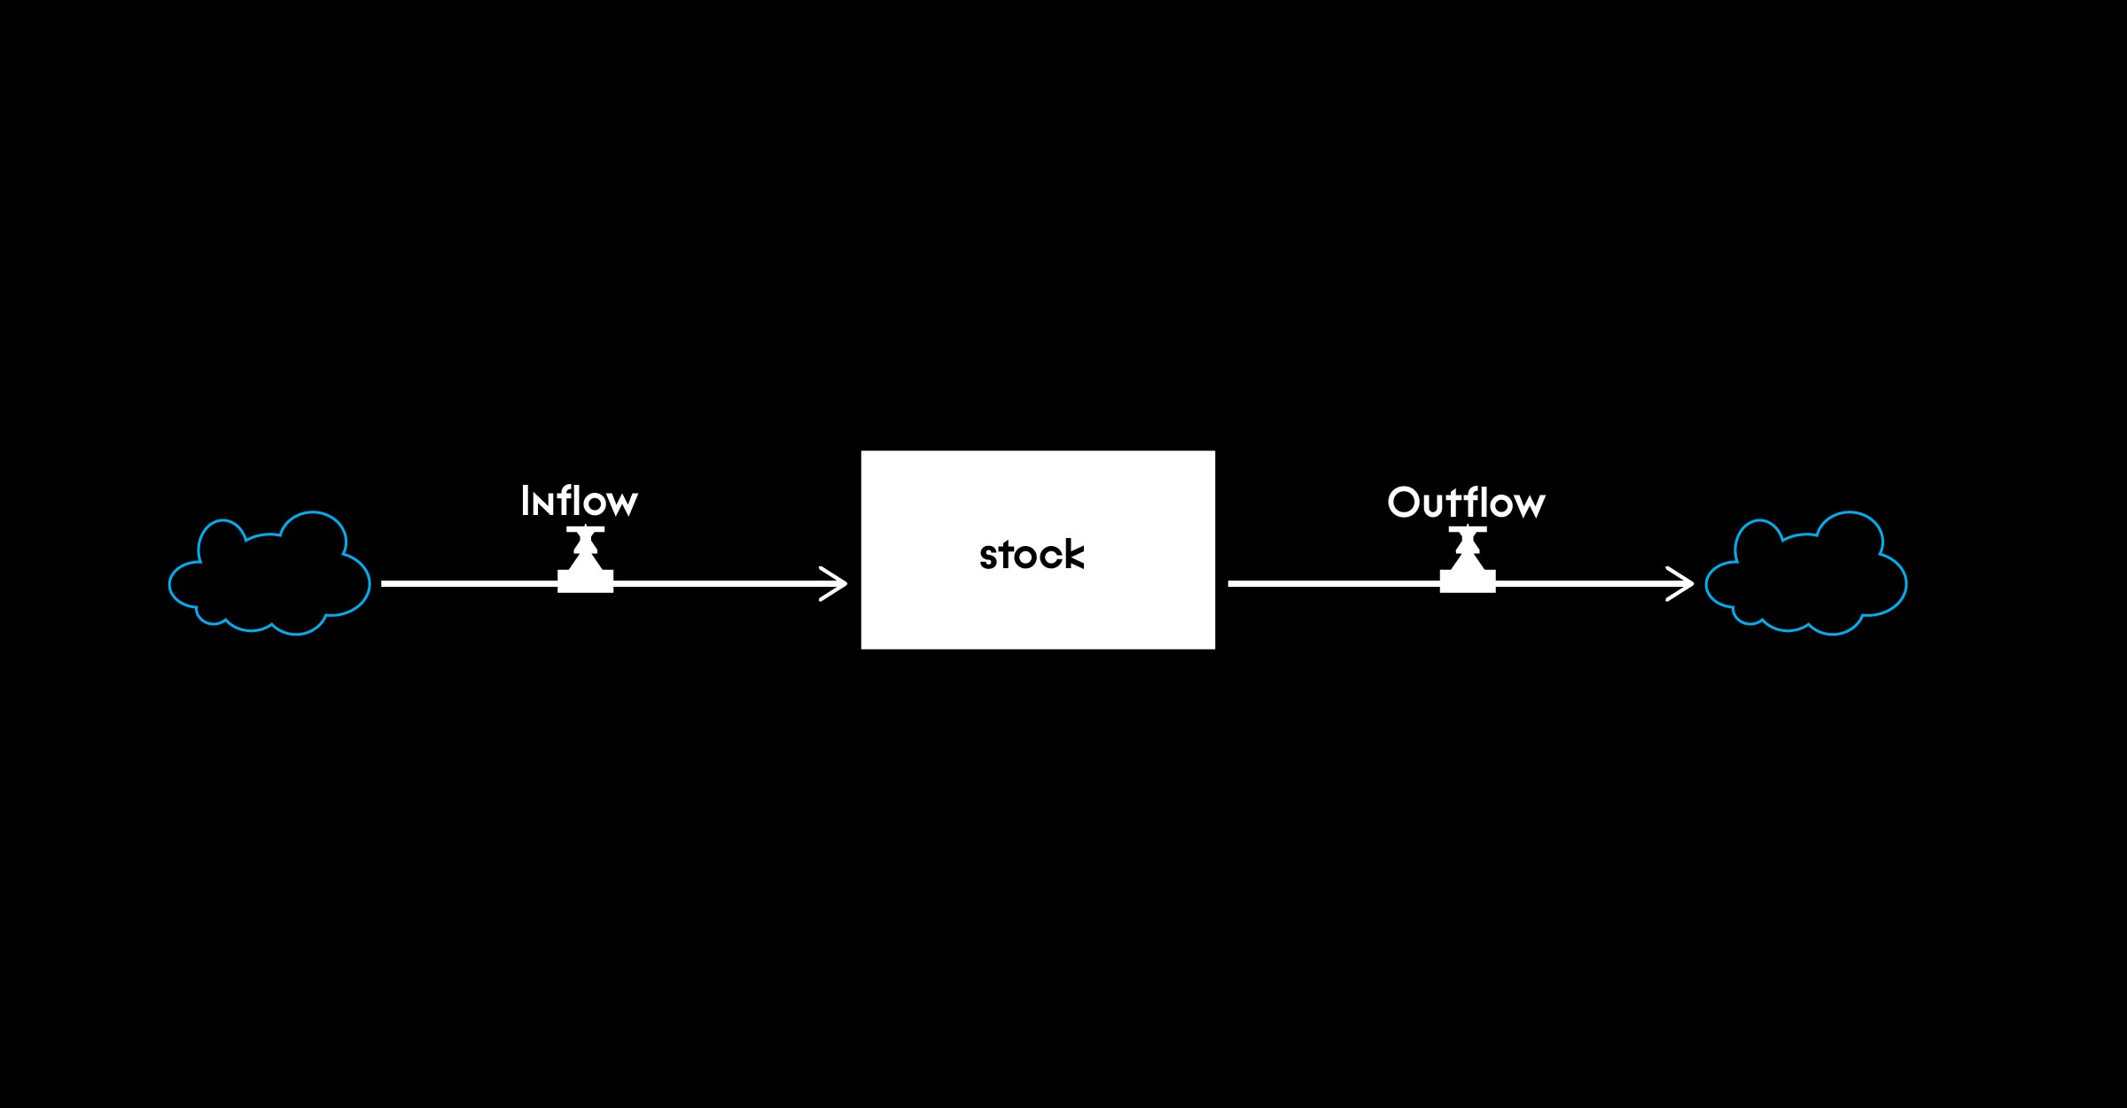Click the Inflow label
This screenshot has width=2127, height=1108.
[x=579, y=502]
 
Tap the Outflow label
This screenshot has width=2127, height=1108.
[x=1466, y=503]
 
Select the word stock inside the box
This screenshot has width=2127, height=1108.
[x=1032, y=555]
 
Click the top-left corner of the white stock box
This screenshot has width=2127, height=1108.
[x=863, y=453]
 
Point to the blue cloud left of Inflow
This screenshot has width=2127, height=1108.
[x=269, y=574]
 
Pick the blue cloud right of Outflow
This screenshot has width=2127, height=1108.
[x=1805, y=574]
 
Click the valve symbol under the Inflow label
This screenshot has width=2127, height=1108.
[x=585, y=564]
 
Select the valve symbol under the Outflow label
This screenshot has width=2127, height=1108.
[x=1468, y=564]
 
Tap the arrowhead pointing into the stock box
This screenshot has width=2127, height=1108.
[x=837, y=583]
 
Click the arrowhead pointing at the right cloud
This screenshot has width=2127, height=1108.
[x=1683, y=583]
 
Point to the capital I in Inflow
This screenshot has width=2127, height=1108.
[x=525, y=502]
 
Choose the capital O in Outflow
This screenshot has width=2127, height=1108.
[x=1404, y=503]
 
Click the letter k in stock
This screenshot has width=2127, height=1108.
[x=1073, y=555]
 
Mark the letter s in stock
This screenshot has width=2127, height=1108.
[x=987, y=558]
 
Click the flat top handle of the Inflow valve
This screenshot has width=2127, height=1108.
[x=585, y=529]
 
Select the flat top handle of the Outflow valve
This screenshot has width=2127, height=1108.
[x=1468, y=529]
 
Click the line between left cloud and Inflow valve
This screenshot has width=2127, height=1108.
[x=470, y=583]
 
